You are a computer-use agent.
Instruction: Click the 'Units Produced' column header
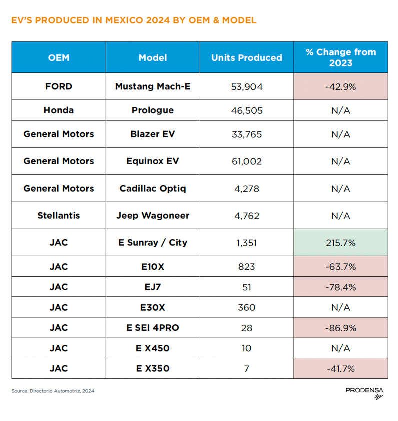(246, 57)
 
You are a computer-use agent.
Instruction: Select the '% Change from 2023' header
(340, 57)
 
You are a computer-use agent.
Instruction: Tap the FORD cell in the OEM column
(59, 86)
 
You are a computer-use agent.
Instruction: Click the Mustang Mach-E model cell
(153, 86)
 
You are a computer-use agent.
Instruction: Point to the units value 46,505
(246, 110)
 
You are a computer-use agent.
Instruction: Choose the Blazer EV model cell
(153, 134)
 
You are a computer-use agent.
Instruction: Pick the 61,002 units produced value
(246, 161)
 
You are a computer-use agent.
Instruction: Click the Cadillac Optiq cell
(153, 189)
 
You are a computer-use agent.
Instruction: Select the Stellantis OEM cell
(59, 216)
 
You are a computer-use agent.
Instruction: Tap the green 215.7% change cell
(340, 243)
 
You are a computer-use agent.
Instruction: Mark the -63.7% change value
(340, 267)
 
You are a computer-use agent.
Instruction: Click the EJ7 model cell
(153, 287)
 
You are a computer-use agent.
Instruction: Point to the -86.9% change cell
(340, 328)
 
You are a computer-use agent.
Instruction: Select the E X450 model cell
(153, 348)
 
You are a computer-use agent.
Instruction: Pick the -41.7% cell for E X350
(340, 369)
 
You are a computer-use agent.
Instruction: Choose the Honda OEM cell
(59, 110)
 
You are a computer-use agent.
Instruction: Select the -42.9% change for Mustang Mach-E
(340, 86)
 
